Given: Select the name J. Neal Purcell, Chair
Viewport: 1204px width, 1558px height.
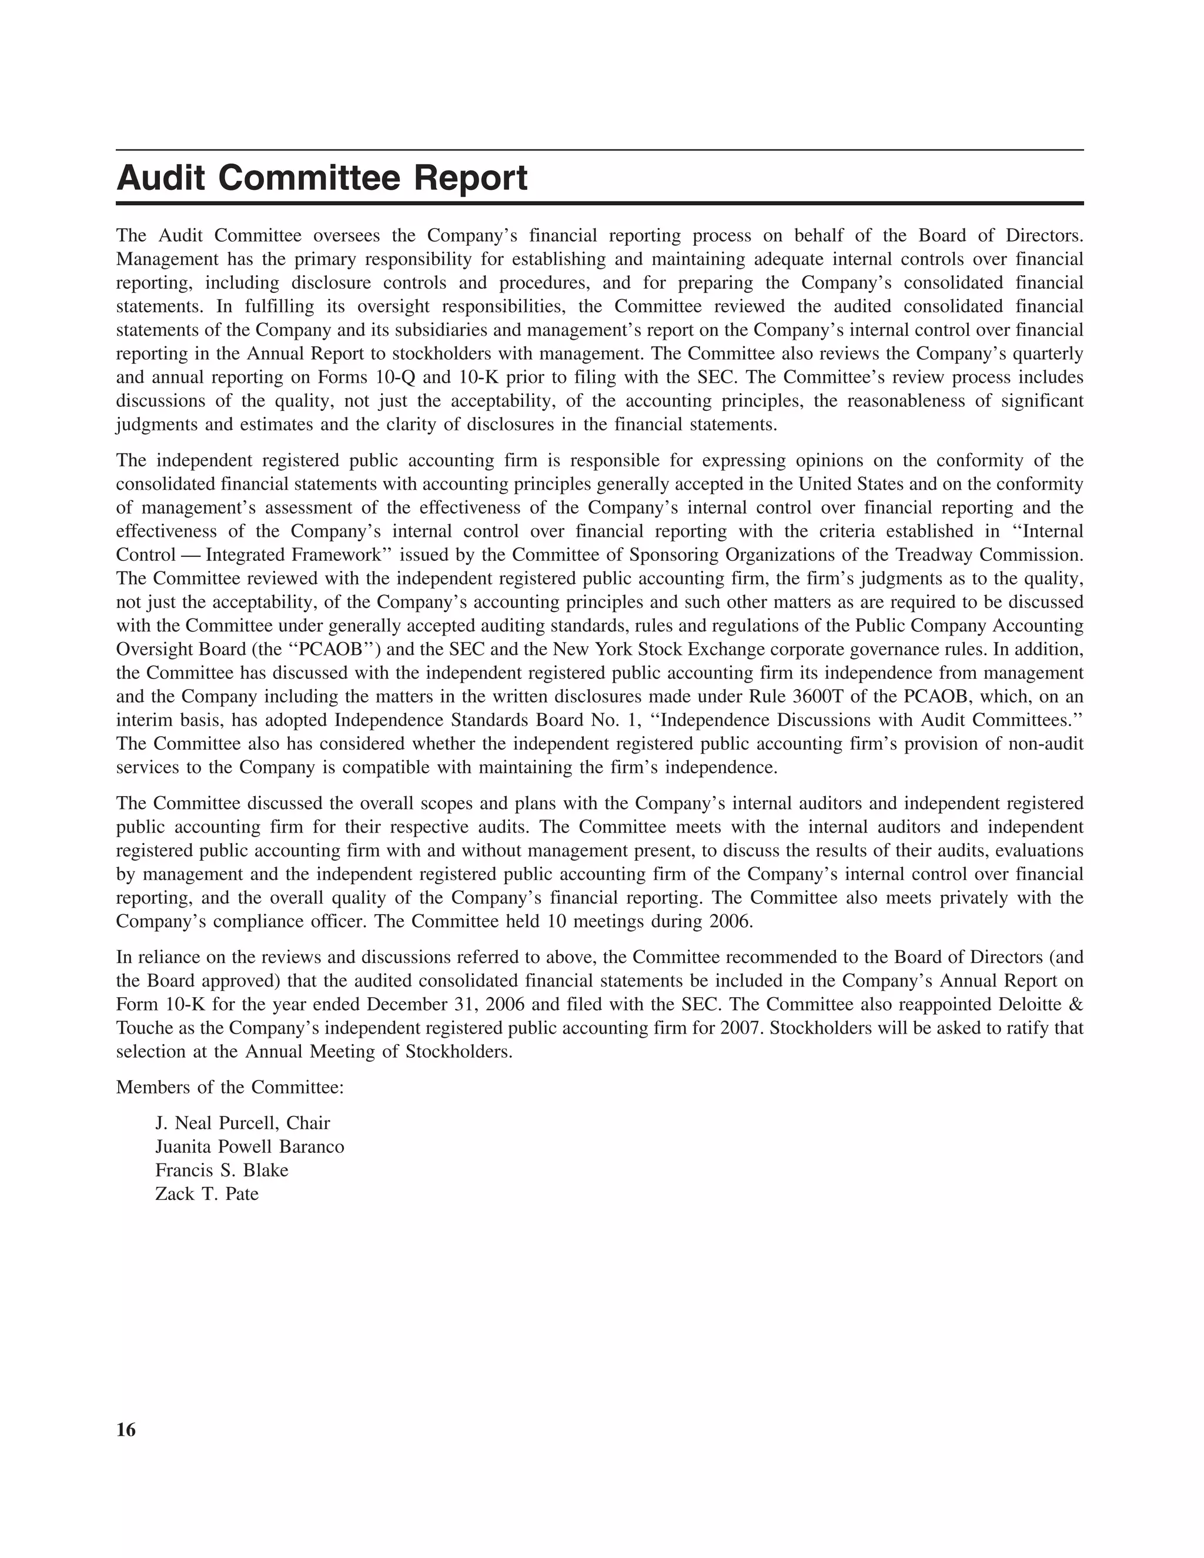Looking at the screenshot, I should [243, 1124].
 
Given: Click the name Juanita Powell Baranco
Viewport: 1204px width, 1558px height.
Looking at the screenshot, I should [250, 1147].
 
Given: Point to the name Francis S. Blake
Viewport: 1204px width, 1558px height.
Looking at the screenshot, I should [222, 1171].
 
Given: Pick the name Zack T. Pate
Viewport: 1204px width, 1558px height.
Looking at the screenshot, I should [207, 1194].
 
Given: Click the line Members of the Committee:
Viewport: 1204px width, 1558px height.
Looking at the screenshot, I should [230, 1087].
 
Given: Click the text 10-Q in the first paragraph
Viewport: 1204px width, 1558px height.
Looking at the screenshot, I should [395, 377].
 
